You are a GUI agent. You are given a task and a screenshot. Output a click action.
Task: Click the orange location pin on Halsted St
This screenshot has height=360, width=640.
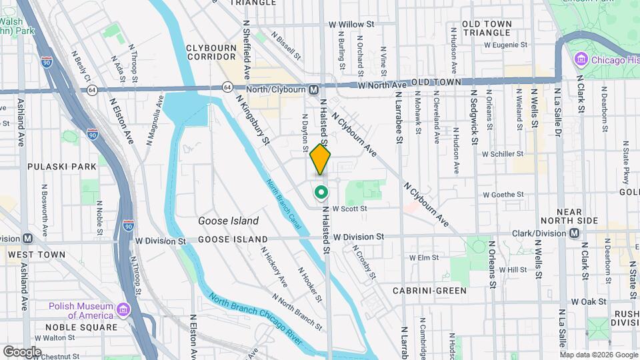(x=320, y=159)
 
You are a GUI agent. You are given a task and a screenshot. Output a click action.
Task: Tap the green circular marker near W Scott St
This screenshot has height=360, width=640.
(x=321, y=193)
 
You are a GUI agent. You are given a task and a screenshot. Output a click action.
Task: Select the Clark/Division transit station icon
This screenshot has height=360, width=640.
(x=573, y=233)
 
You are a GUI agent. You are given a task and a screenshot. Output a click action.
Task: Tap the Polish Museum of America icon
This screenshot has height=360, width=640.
(x=123, y=311)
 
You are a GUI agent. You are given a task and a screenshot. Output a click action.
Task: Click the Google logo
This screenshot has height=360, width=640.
(x=22, y=351)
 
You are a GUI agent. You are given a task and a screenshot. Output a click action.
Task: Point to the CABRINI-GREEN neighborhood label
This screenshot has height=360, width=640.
(x=429, y=291)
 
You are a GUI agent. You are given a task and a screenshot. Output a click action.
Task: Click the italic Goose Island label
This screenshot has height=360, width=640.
(x=228, y=221)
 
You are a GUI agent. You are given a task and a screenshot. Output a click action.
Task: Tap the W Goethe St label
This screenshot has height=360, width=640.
(x=503, y=195)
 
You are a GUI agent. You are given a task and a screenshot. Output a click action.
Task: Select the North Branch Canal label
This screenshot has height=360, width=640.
(x=284, y=205)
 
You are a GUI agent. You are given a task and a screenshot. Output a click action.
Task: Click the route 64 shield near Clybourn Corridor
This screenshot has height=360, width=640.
(x=228, y=87)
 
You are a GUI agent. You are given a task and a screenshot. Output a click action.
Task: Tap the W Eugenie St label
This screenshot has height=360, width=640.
(x=505, y=45)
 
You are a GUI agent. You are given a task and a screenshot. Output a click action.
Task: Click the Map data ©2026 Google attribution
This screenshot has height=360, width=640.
(x=599, y=355)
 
